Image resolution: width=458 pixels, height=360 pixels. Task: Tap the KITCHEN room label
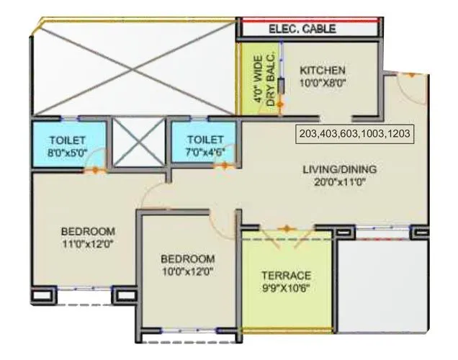(x=323, y=71)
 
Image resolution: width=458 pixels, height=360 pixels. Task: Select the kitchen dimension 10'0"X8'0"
(x=323, y=83)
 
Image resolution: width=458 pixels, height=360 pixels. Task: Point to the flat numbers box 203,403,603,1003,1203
(x=355, y=134)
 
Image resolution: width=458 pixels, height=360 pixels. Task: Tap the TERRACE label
(x=286, y=276)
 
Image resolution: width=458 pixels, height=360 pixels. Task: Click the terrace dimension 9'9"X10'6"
(x=286, y=289)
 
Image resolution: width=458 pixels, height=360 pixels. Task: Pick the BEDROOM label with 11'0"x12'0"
(x=88, y=231)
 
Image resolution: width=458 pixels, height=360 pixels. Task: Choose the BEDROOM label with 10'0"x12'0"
(x=188, y=258)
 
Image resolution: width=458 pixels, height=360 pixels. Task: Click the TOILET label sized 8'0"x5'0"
(x=68, y=140)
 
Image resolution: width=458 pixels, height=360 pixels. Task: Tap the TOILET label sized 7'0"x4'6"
(x=205, y=140)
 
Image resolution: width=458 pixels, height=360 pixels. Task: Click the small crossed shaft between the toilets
(x=139, y=141)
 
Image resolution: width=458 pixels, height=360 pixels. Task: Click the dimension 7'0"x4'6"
(x=205, y=152)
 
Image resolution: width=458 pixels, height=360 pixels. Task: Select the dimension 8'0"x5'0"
(x=68, y=152)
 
